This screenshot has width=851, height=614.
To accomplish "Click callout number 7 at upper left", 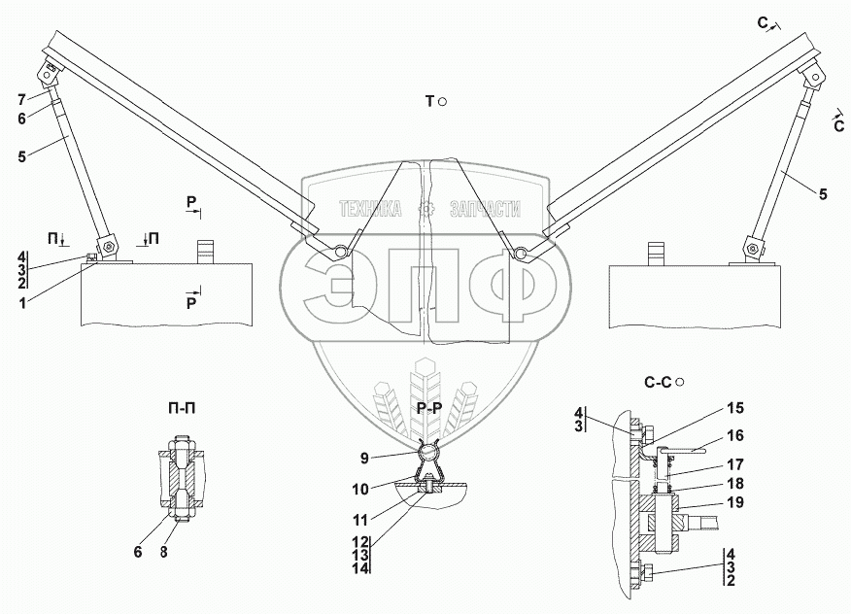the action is pos(20,99).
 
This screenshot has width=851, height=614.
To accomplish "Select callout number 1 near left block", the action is pos(21,302).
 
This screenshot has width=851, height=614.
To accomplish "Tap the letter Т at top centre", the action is pos(428,101).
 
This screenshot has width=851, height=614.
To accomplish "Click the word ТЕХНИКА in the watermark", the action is pos(370,209).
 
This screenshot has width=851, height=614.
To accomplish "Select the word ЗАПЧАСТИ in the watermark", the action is pos(486,209).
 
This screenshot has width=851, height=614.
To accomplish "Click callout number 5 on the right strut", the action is pos(823,195).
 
